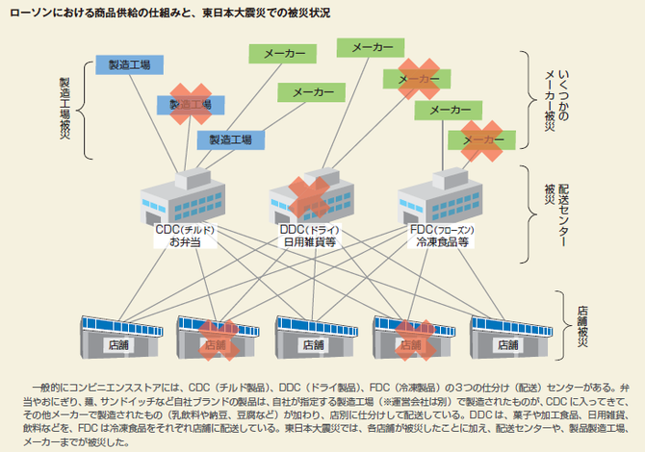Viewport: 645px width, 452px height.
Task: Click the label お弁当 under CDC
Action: click(x=182, y=242)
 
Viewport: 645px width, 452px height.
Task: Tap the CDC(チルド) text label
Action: click(x=184, y=230)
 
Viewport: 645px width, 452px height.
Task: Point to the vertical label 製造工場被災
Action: click(x=64, y=107)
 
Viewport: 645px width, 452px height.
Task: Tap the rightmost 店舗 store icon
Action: click(x=508, y=337)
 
